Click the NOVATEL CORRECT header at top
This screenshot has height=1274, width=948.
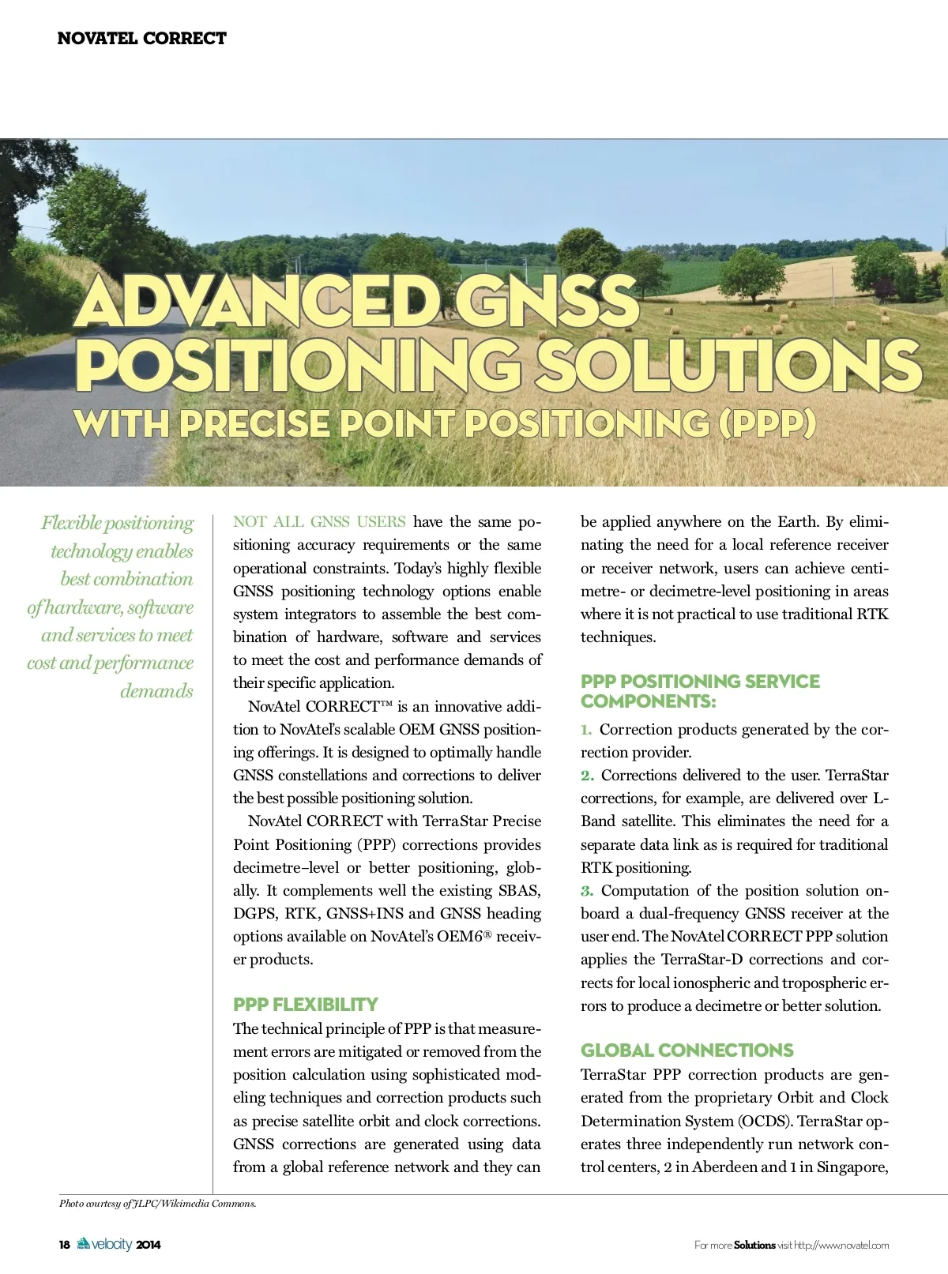(141, 38)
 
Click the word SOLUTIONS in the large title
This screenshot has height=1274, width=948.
(731, 364)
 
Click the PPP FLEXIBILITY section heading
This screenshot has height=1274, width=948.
(305, 1005)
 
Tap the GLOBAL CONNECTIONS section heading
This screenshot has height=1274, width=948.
(687, 1050)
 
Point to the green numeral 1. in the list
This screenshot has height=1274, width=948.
(586, 730)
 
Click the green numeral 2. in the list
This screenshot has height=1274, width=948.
(587, 776)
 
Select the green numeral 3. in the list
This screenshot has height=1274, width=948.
(587, 891)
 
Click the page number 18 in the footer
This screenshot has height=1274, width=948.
(65, 1245)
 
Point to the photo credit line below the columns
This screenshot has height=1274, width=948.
(158, 1204)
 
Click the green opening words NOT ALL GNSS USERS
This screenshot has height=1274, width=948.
(319, 522)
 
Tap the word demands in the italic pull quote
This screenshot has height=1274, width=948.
(156, 691)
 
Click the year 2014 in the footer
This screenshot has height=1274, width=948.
(148, 1245)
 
